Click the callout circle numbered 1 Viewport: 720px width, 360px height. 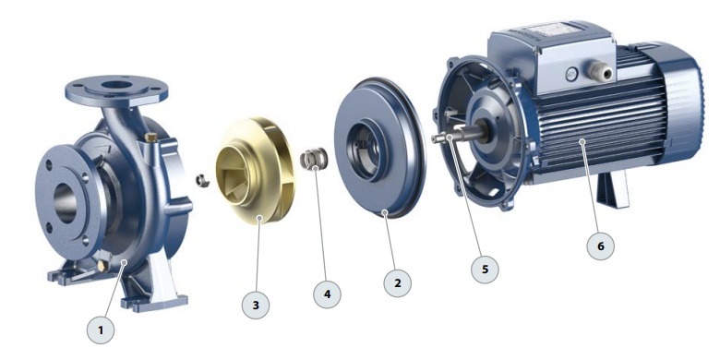101,330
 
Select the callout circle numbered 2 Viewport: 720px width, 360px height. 398,282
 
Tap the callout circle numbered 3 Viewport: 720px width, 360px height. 256,305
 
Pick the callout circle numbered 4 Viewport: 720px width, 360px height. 327,294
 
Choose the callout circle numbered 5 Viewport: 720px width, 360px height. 485,270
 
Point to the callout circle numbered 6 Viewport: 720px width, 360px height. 601,246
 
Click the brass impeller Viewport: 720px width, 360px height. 255,171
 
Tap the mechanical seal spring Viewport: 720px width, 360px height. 314,159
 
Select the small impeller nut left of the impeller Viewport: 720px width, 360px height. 202,180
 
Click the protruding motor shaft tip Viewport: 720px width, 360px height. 435,139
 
